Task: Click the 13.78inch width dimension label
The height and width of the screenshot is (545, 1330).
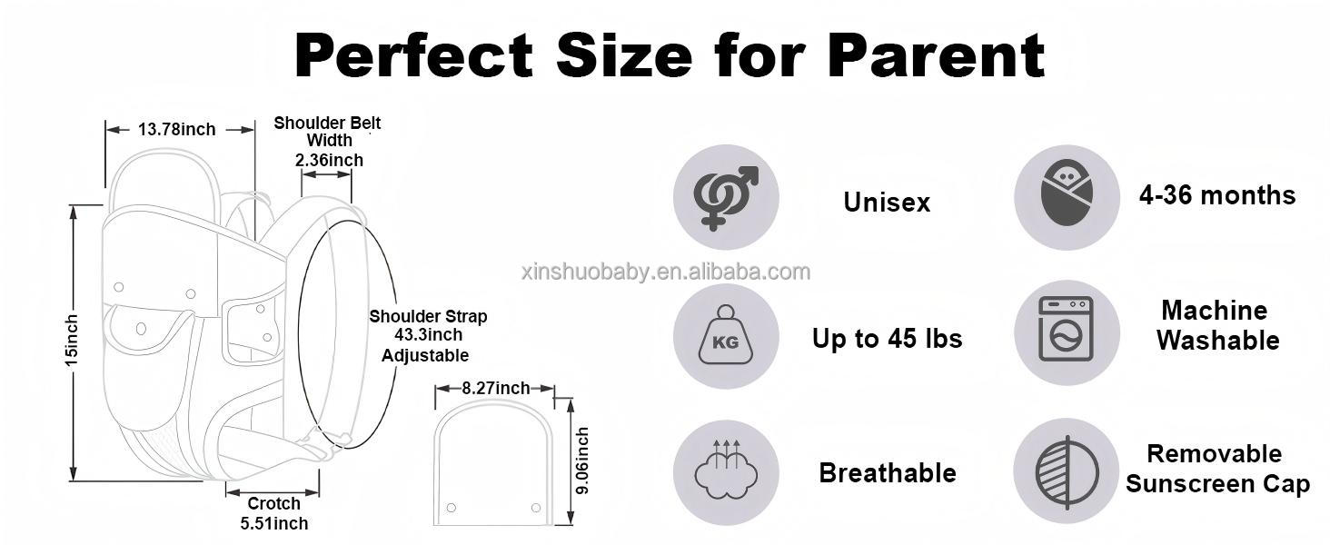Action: [x=177, y=129]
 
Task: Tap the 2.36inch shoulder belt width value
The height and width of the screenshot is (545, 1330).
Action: [x=329, y=160]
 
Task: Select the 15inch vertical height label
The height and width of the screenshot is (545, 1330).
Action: [x=71, y=341]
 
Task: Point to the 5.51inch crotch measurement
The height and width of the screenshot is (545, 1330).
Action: [x=274, y=523]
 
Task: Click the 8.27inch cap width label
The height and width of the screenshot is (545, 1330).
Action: [x=496, y=388]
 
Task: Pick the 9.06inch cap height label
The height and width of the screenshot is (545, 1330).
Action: [x=583, y=461]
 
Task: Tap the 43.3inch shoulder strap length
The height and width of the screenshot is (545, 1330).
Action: [x=428, y=335]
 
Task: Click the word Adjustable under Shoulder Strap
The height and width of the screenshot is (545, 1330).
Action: [x=425, y=356]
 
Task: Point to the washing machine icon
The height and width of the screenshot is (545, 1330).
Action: [x=1066, y=329]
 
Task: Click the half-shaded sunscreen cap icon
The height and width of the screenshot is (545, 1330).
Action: [x=1067, y=473]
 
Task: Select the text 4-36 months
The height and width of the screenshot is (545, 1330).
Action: [x=1217, y=195]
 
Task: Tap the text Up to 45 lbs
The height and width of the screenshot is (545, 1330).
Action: [x=887, y=339]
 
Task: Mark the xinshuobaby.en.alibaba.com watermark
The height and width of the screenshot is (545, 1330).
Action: [x=666, y=272]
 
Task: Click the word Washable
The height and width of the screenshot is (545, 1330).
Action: [x=1217, y=341]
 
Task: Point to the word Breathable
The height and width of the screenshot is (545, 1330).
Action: [x=888, y=473]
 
